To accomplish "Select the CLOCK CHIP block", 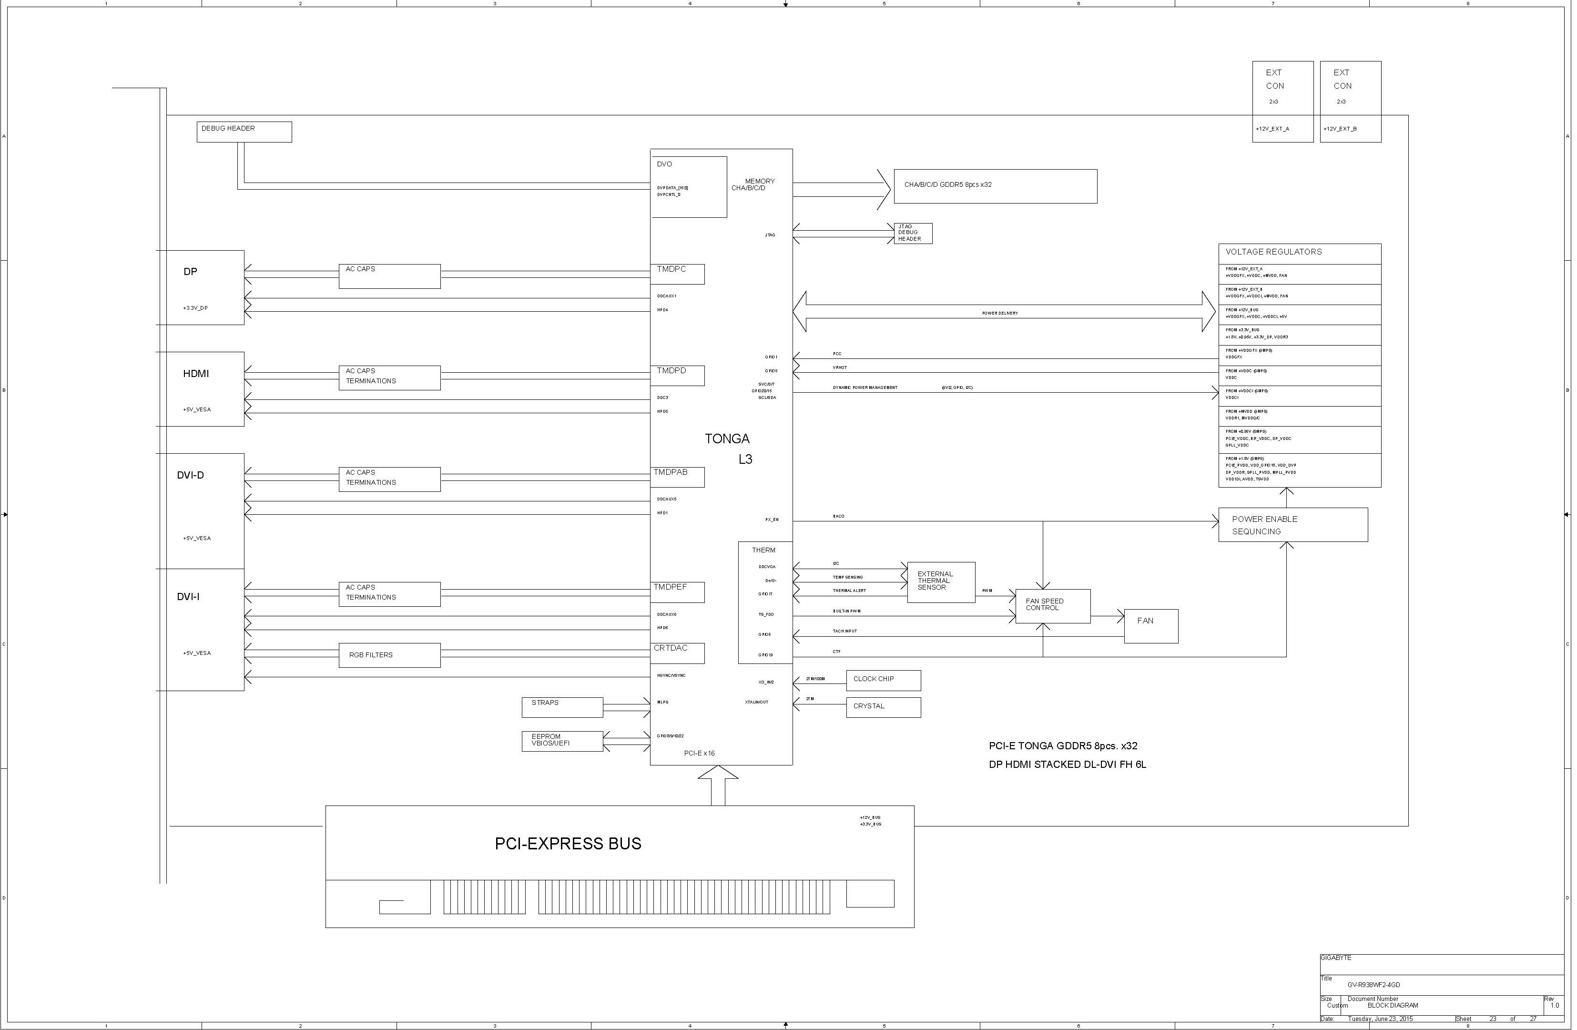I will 883,680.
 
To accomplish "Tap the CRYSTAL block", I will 883,707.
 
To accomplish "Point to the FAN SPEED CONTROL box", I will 1052,606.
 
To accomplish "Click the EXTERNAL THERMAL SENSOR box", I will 940,582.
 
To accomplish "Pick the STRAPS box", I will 562,707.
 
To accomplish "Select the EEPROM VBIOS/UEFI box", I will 562,741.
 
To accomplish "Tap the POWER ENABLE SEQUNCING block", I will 1292,525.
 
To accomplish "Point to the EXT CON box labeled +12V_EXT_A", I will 1282,102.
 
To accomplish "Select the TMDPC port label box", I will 678,274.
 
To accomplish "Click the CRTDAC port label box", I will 678,653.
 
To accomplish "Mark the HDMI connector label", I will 196,374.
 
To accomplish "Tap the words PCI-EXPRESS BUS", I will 568,844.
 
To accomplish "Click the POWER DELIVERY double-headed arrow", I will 1004,312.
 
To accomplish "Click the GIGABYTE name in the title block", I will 1336,958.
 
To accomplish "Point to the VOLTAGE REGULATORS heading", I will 1273,252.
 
